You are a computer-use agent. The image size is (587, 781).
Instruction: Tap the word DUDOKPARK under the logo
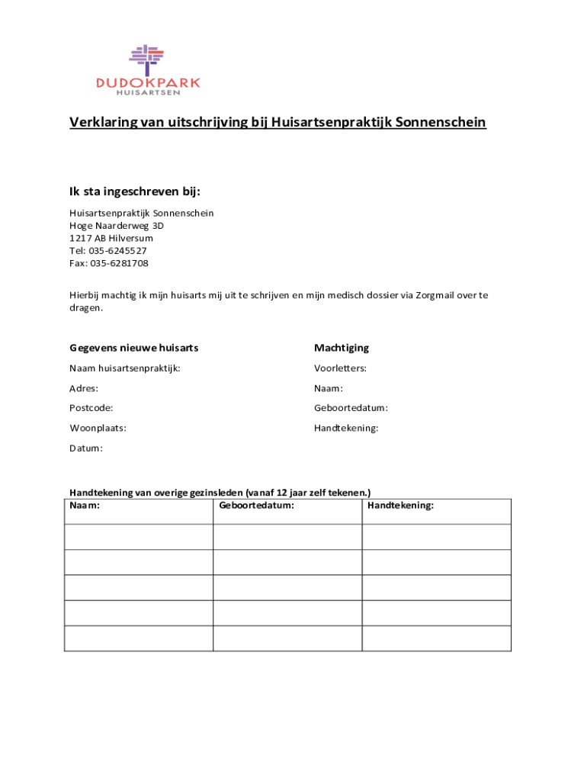[x=148, y=82]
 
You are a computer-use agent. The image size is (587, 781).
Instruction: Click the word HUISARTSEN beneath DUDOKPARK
[x=148, y=93]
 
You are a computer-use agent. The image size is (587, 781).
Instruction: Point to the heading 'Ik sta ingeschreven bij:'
[x=135, y=191]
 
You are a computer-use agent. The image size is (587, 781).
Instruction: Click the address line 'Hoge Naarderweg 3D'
[x=117, y=226]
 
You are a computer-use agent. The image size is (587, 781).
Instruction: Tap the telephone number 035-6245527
[x=119, y=251]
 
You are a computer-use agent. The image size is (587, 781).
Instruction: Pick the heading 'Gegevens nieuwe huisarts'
[x=134, y=348]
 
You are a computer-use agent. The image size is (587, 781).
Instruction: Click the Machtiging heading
[x=342, y=348]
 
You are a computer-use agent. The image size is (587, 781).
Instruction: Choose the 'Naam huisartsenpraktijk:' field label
[x=125, y=368]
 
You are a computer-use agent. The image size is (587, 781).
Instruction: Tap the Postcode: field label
[x=91, y=408]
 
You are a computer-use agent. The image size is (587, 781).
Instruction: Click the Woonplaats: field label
[x=98, y=428]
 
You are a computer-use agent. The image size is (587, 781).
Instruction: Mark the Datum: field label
[x=86, y=448]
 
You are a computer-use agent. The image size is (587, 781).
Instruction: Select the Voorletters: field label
[x=340, y=368]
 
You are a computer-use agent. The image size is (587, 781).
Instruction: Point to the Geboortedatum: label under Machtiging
[x=351, y=408]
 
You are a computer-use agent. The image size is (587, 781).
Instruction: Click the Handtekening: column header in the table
[x=400, y=505]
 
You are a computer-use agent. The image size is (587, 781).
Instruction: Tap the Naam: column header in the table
[x=85, y=505]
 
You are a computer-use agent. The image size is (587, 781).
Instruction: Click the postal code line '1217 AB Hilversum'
[x=111, y=238]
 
